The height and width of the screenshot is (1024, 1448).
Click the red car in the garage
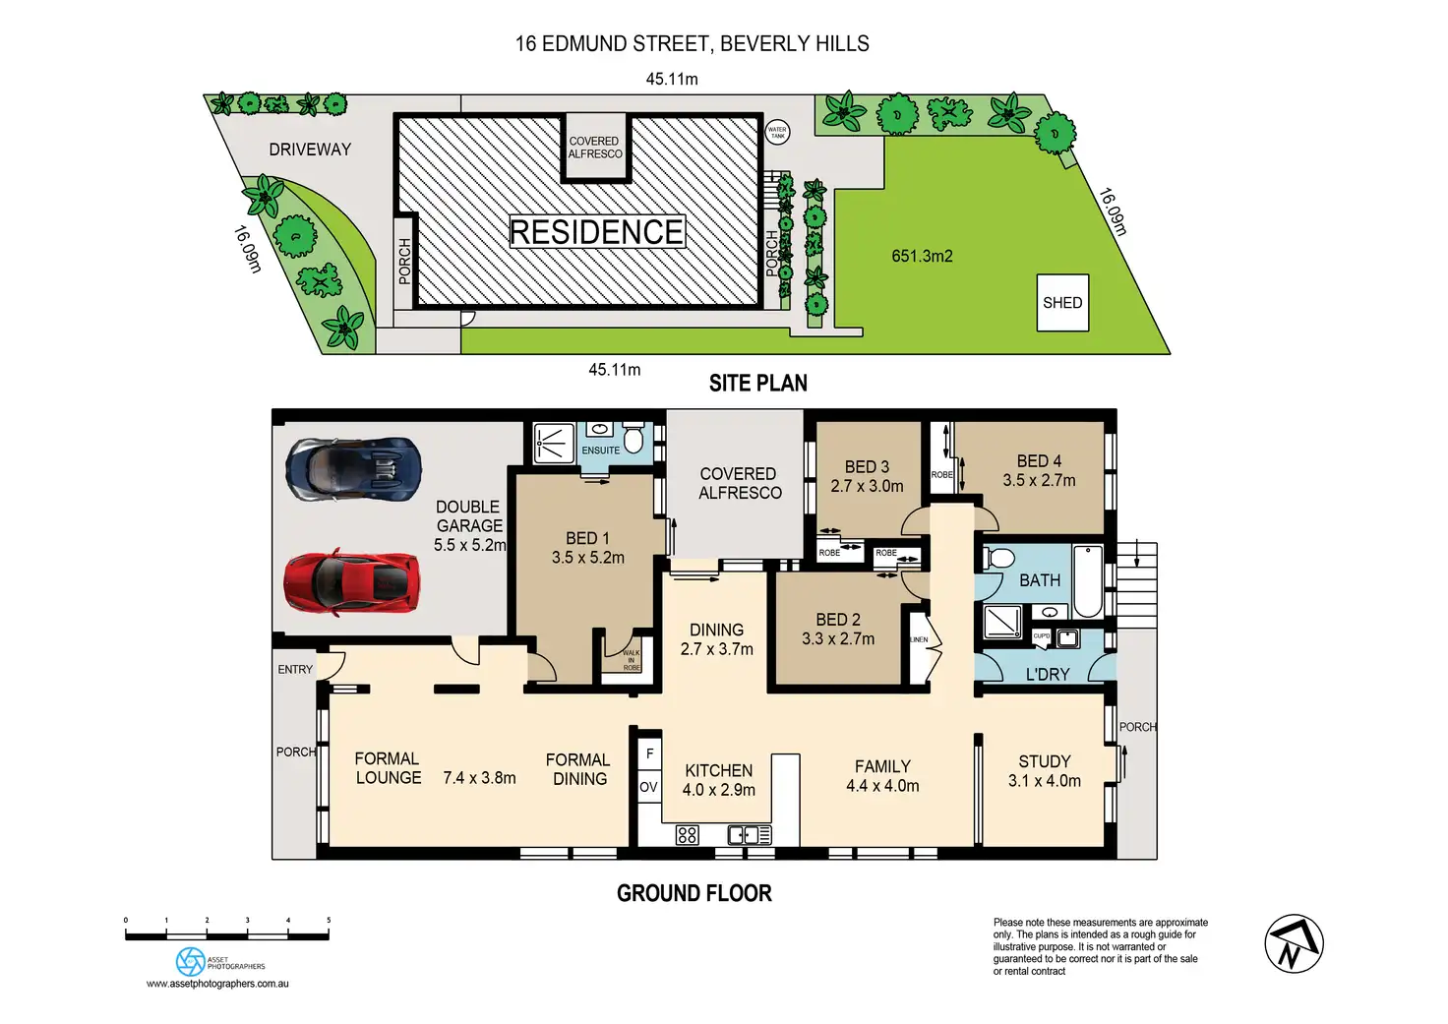tap(351, 581)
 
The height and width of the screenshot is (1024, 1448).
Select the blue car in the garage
tap(353, 469)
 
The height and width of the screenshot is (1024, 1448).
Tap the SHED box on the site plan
tap(1062, 302)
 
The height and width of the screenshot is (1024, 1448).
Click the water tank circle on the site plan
tap(777, 131)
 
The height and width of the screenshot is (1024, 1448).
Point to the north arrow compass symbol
tap(1294, 943)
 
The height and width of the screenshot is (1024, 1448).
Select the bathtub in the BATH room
tap(1087, 579)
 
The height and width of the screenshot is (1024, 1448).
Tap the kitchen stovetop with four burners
tap(688, 835)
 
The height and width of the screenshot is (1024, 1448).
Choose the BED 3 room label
tap(867, 476)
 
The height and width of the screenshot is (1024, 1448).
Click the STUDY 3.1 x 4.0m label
tap(1045, 771)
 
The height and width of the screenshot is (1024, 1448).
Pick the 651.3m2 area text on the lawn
tap(922, 256)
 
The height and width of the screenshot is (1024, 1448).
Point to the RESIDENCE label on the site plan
tap(596, 232)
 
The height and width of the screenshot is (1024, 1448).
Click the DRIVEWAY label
tap(310, 150)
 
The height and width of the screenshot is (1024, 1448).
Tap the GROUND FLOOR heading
tap(694, 893)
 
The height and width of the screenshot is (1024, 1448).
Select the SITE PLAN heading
tap(757, 384)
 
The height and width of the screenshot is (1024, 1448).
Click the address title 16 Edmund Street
tap(692, 43)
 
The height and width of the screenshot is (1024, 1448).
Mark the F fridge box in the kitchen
tap(649, 754)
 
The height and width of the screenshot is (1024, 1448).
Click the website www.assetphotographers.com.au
tap(217, 983)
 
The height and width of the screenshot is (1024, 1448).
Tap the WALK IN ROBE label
tap(631, 660)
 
